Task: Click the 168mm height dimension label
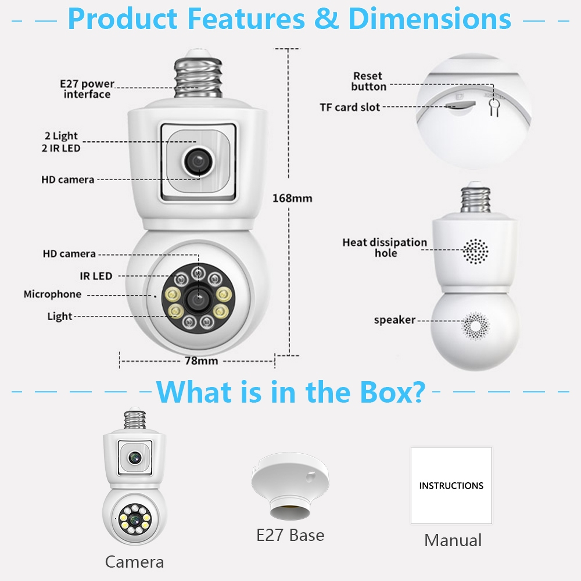tap(292, 199)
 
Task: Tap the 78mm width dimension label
tap(201, 361)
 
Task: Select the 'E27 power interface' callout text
tap(87, 89)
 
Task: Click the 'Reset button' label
tap(368, 81)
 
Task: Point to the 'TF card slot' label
tap(350, 107)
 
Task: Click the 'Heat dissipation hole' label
tap(385, 248)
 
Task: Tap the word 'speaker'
tap(394, 320)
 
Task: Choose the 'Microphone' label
tap(52, 295)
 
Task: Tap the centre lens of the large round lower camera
tap(198, 298)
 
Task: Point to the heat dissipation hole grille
tap(475, 250)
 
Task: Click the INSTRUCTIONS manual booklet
tap(451, 485)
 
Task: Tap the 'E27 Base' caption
tap(290, 535)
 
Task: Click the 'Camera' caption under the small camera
tap(134, 562)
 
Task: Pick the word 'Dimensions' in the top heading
tap(429, 19)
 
